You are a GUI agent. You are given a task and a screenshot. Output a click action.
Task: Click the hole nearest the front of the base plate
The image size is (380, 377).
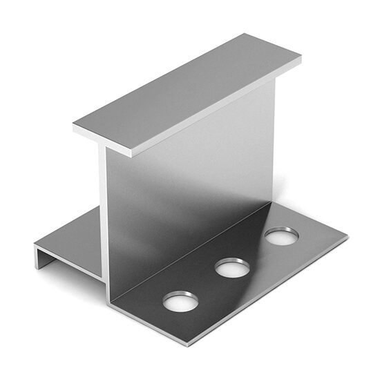[180, 301]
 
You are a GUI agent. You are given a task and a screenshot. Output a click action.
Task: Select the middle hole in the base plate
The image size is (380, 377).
[232, 267]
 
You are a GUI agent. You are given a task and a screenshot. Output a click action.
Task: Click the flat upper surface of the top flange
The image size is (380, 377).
[187, 90]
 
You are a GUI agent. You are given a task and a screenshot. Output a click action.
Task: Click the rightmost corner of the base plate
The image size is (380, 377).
[348, 238]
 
